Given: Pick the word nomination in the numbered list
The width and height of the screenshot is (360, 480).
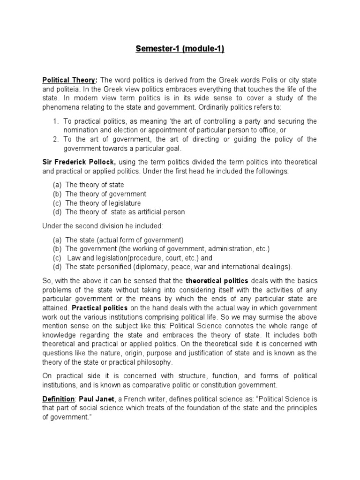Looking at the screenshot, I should [x=82, y=130].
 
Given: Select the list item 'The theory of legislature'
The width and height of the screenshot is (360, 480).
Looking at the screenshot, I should [x=103, y=203].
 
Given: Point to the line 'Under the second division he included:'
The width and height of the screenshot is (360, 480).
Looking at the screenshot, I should [x=103, y=226].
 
